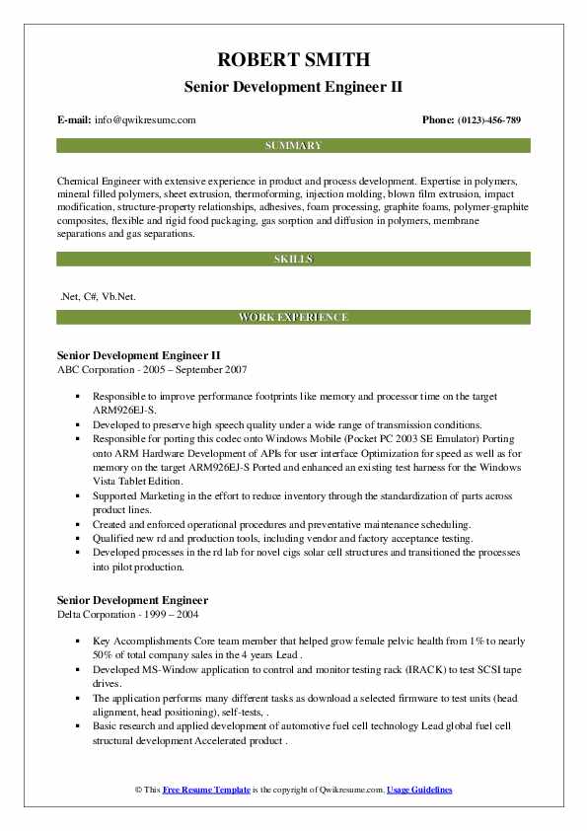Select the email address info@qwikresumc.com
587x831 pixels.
[145, 119]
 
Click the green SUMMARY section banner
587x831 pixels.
[293, 145]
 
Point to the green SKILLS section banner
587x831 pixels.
[293, 259]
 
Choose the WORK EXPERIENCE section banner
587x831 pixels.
[293, 317]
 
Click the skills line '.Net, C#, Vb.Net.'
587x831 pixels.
[99, 295]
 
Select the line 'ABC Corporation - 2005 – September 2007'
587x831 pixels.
[152, 369]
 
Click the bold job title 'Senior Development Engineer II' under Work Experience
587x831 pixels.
[138, 354]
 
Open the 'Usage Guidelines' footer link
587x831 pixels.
[419, 791]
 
